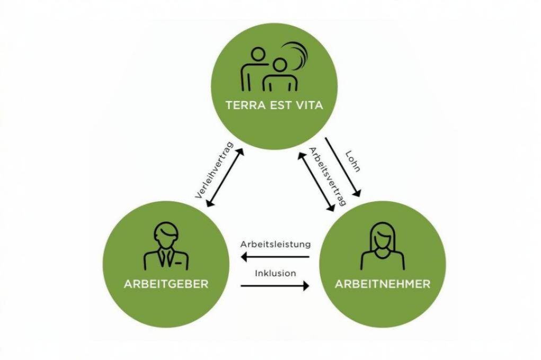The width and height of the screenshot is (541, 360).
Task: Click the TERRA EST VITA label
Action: click(274, 105)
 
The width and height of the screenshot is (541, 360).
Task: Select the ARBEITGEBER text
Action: click(166, 284)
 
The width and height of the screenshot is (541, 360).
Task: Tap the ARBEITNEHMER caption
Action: click(382, 284)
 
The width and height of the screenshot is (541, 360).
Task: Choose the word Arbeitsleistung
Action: click(275, 245)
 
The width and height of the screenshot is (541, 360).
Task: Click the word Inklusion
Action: click(275, 273)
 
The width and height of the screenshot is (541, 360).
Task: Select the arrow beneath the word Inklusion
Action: click(275, 286)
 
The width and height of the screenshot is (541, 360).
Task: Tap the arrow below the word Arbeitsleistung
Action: click(275, 257)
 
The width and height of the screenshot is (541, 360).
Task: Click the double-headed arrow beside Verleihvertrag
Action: click(225, 177)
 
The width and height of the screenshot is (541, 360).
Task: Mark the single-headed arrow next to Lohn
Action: click(343, 167)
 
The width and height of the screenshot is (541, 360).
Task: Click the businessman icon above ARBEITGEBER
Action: click(166, 245)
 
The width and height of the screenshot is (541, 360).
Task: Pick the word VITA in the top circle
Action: click(307, 105)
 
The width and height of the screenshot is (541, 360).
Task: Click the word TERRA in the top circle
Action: click(242, 105)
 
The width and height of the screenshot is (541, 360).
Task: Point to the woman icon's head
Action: click(382, 236)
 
